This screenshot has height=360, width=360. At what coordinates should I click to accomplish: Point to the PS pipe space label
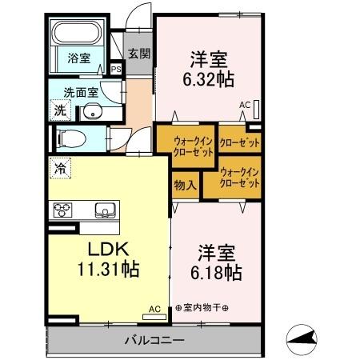coord(116,70)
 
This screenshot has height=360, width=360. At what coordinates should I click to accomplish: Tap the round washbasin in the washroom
coord(94,111)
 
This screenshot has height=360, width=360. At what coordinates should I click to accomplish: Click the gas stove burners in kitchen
coord(62,211)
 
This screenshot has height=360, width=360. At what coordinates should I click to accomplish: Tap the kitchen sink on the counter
coord(105,211)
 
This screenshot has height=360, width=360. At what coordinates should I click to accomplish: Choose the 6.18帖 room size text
coord(216,272)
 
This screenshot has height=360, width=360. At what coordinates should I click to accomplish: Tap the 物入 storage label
coord(185,186)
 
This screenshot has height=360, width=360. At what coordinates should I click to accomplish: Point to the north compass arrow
coord(305,339)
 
